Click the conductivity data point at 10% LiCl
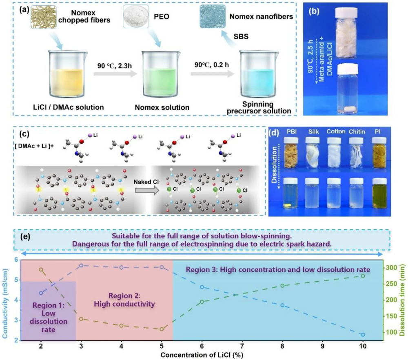click(363, 335)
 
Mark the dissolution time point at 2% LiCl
click(41, 269)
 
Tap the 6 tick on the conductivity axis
click(16, 260)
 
